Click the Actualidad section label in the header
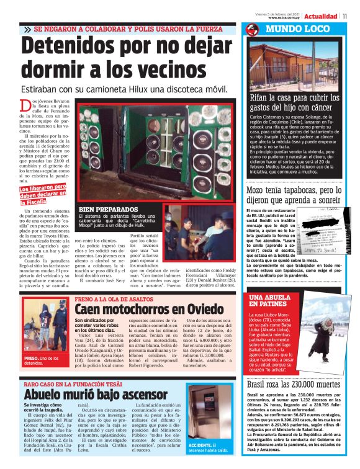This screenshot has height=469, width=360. [x=321, y=16]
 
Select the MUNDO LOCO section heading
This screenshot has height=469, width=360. [x=298, y=30]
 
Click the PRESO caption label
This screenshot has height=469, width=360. [x=32, y=358]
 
